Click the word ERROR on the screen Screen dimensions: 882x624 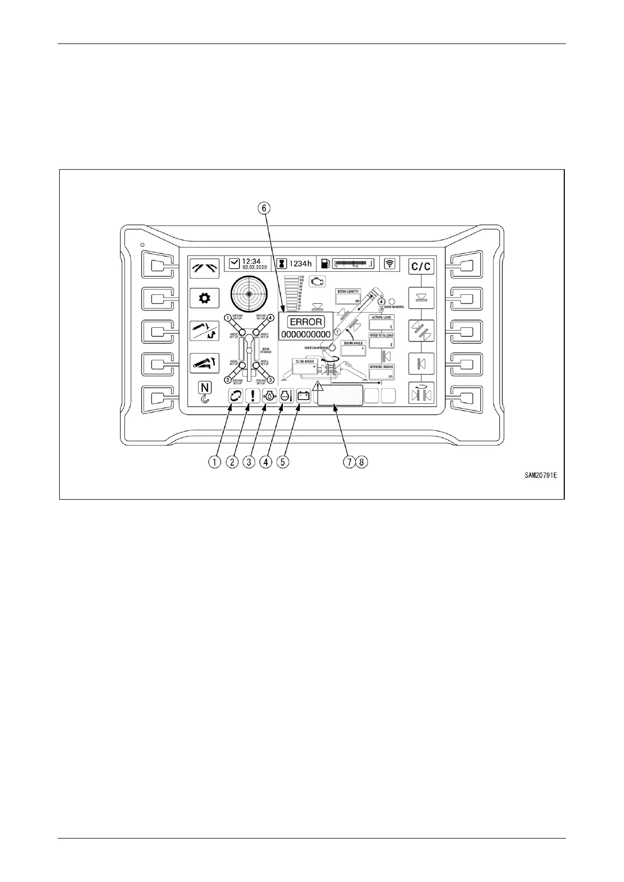305,322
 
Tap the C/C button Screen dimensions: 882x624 421,267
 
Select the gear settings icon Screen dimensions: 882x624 204,299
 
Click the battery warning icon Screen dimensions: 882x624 303,396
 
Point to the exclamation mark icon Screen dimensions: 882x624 253,396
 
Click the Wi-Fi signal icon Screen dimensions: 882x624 390,263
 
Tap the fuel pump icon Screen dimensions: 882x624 325,263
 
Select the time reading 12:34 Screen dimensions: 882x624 251,261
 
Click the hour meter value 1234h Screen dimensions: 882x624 301,263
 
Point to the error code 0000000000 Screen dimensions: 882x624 305,334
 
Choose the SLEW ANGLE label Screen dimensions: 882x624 305,361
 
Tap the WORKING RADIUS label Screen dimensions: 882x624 381,367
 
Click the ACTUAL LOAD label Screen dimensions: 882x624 381,317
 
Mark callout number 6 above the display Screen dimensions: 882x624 264,208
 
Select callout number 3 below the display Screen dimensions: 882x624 248,462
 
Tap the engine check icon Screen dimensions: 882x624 316,281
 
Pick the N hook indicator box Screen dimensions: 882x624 205,388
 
